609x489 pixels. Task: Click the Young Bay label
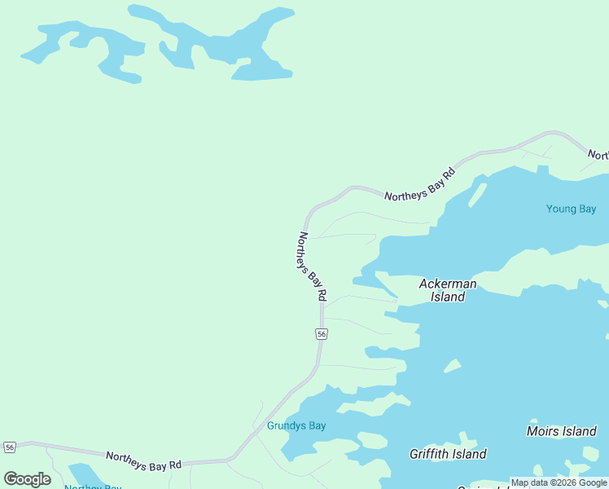571,209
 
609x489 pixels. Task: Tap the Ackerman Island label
447,290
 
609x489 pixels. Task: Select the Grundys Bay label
296,426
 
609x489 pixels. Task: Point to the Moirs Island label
561,431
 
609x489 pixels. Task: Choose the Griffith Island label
448,454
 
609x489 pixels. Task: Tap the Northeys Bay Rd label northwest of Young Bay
418,185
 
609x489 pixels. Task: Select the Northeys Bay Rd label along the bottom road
143,461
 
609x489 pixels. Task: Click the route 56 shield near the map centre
322,334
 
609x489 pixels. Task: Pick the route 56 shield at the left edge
10,447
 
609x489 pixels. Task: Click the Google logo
27,479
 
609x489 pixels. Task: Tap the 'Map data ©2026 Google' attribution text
559,482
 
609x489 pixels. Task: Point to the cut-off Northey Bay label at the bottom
93,487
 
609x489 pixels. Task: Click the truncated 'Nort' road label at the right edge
598,155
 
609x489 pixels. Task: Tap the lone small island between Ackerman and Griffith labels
452,367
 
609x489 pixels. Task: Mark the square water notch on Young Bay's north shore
542,170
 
